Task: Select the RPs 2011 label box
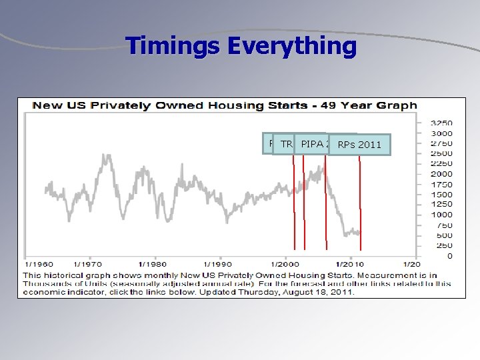pyautogui.click(x=359, y=145)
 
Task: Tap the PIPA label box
pyautogui.click(x=313, y=144)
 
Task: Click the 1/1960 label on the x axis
pyautogui.click(x=40, y=264)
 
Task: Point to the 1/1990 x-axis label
pyautogui.click(x=218, y=264)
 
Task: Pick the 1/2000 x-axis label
pyautogui.click(x=284, y=264)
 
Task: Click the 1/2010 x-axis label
pyautogui.click(x=349, y=264)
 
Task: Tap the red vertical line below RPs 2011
pyautogui.click(x=360, y=200)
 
